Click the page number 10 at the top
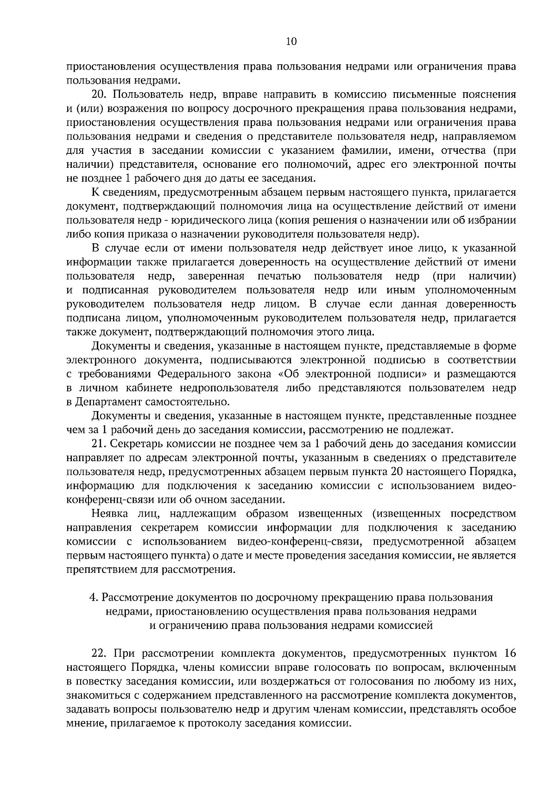pos(291,42)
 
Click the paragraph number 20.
pos(100,95)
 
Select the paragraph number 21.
pos(100,444)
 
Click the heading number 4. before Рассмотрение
pos(92,597)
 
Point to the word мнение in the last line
pos(84,723)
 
